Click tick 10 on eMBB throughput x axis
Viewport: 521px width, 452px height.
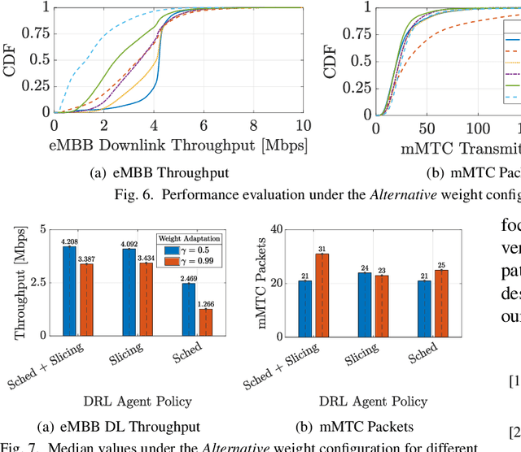pyautogui.click(x=302, y=127)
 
